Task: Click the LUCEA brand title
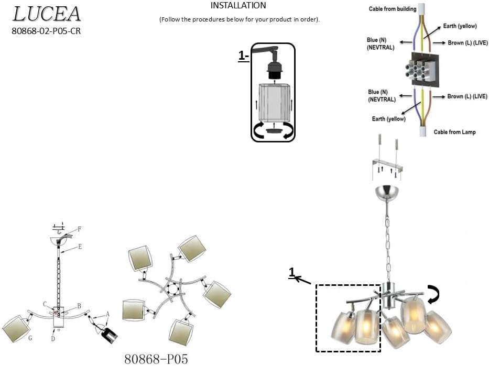pos(47,14)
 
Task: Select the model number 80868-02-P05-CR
pos(46,31)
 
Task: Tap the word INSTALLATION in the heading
pos(238,6)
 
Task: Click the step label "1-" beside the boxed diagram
pos(244,56)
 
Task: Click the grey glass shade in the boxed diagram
pos(274,102)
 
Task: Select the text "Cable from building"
pos(393,9)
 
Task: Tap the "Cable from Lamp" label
pos(454,132)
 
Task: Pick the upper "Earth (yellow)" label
pos(460,26)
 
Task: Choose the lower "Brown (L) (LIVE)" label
pos(467,96)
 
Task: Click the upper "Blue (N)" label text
pos(376,40)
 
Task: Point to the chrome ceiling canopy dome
pos(388,193)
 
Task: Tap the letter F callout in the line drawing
pos(80,229)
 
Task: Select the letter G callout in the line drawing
pos(30,338)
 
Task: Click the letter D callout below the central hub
pos(53,339)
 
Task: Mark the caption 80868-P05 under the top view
pos(156,359)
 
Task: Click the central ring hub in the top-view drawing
pos(172,290)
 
